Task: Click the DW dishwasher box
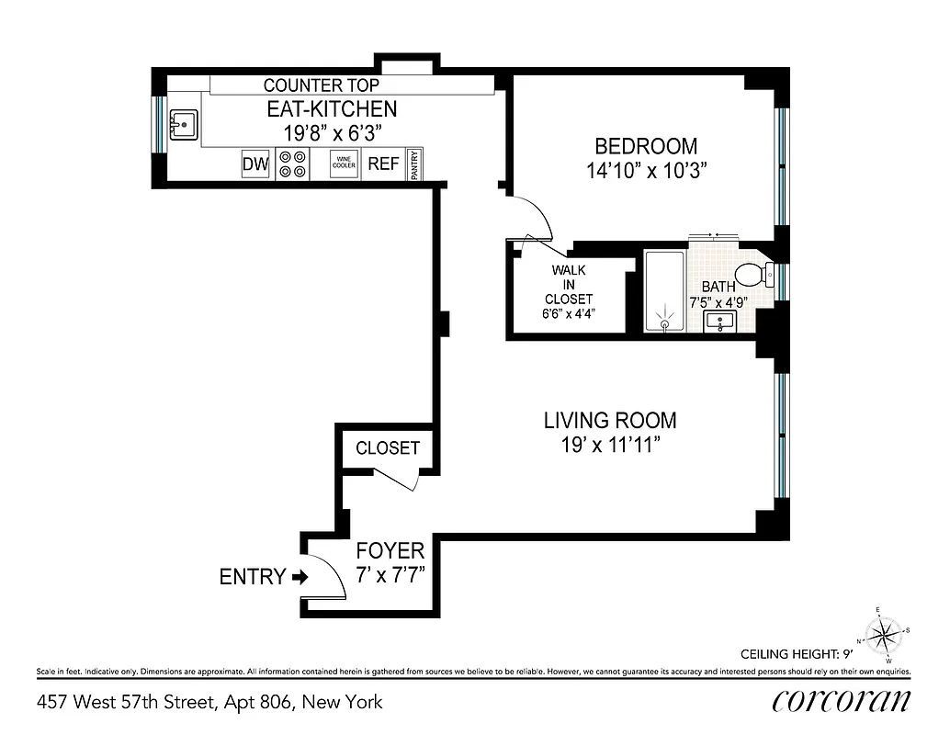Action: (x=255, y=164)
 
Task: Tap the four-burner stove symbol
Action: (x=293, y=164)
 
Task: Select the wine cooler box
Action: (x=344, y=164)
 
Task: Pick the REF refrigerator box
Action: (x=383, y=164)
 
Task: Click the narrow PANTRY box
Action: (x=414, y=164)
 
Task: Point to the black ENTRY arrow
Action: (x=299, y=577)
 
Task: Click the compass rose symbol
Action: (x=884, y=634)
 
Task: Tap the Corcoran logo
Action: (x=842, y=701)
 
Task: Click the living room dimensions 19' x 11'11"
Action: (x=610, y=445)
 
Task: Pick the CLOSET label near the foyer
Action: (x=388, y=448)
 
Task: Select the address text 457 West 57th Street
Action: (x=209, y=703)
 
